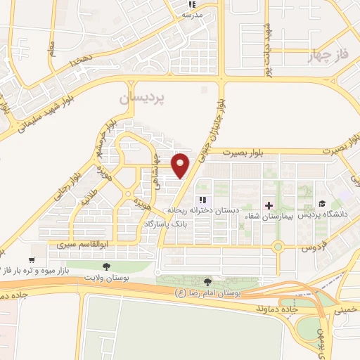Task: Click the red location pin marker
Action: (x=181, y=165)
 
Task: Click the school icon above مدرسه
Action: (x=188, y=4)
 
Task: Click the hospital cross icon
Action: (x=268, y=205)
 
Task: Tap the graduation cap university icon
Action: (x=320, y=205)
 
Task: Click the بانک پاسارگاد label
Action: (x=168, y=224)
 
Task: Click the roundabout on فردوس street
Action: (x=278, y=246)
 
